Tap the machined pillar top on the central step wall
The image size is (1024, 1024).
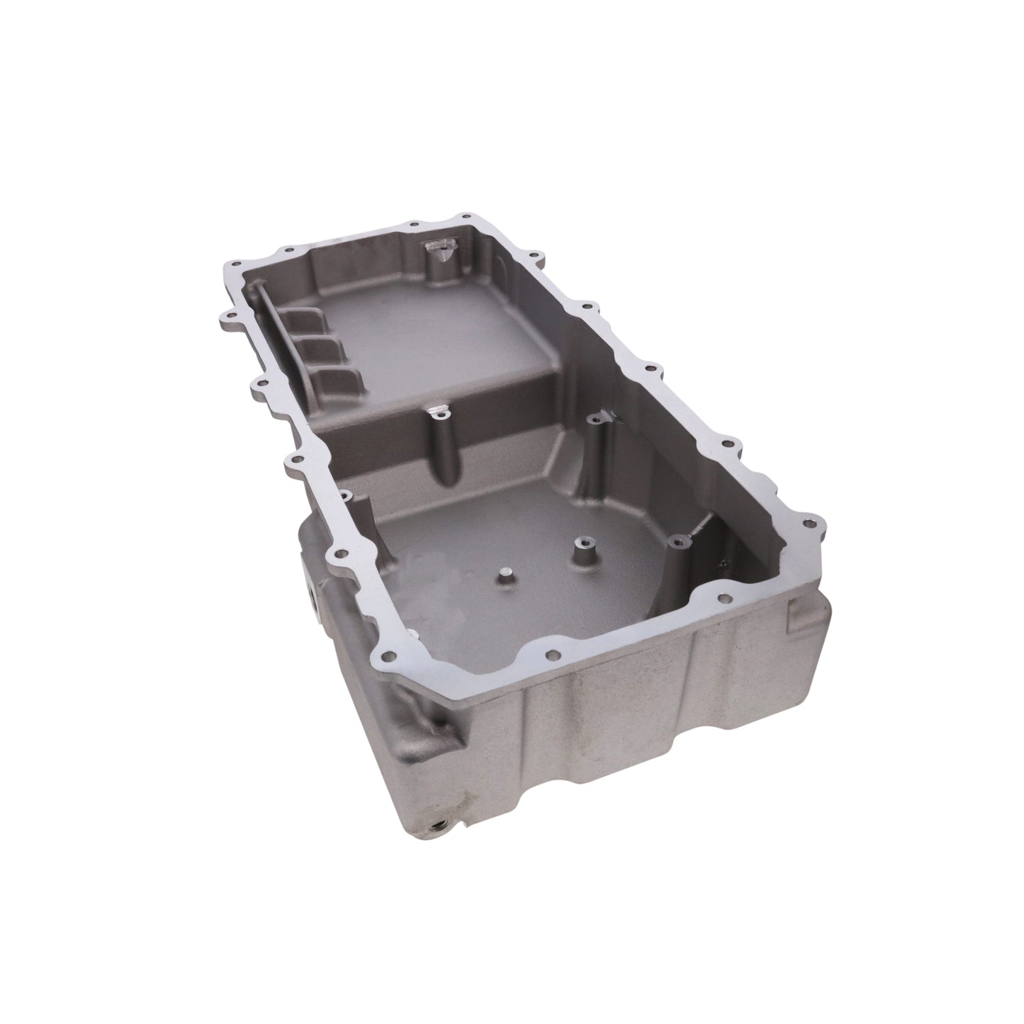click(x=439, y=411)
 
